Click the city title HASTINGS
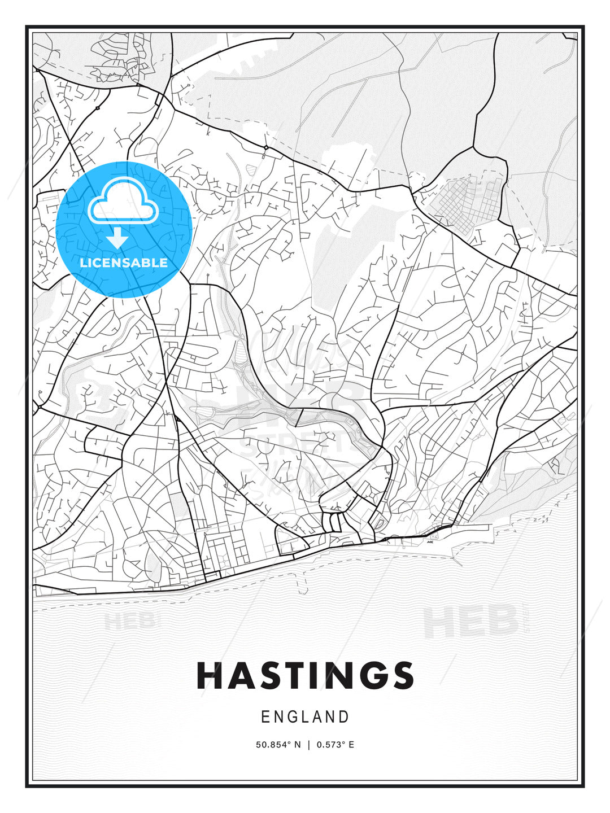(305, 675)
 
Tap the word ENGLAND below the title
(305, 717)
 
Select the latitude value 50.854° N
(278, 745)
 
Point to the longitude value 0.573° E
(335, 745)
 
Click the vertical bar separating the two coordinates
(309, 745)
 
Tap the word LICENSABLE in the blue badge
(124, 263)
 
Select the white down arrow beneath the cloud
(117, 238)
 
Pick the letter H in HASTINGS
(208, 675)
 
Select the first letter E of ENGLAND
(265, 717)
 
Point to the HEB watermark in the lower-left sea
(129, 621)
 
